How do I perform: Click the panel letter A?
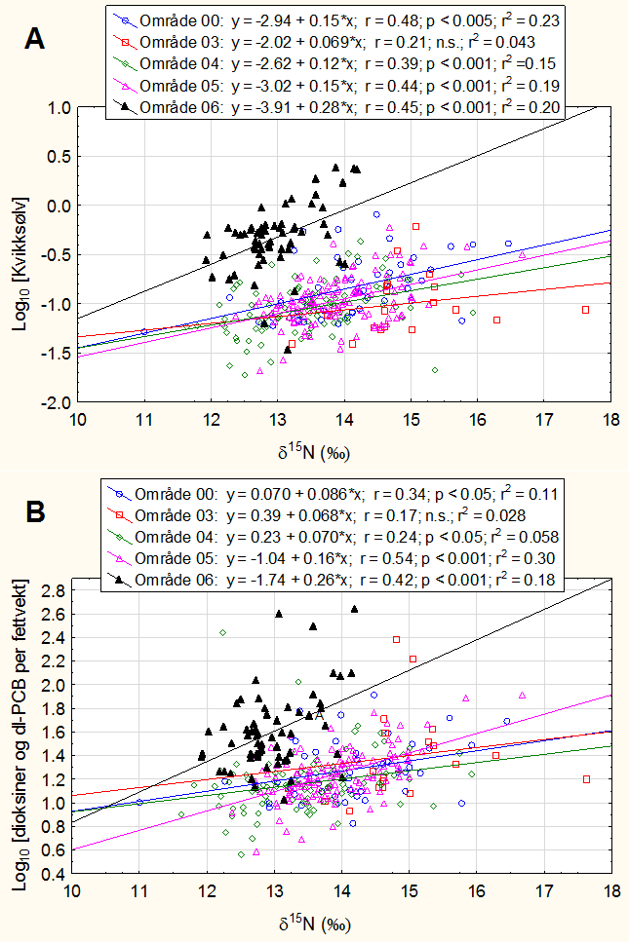pos(36,39)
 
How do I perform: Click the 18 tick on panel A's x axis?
pos(610,419)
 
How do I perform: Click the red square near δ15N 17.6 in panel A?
pos(585,310)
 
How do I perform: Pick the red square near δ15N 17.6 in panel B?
pos(585,779)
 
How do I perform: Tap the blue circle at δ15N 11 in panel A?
pos(144,332)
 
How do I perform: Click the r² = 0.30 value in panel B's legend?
pos(526,558)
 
